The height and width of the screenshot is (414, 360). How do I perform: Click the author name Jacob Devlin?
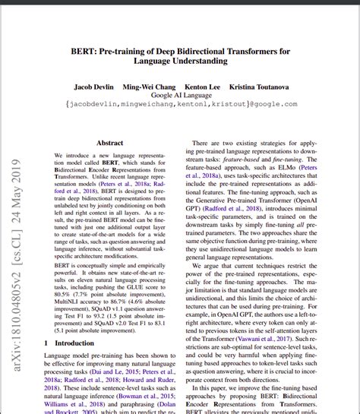click(94, 87)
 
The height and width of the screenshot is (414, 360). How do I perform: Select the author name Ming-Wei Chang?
click(150, 87)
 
